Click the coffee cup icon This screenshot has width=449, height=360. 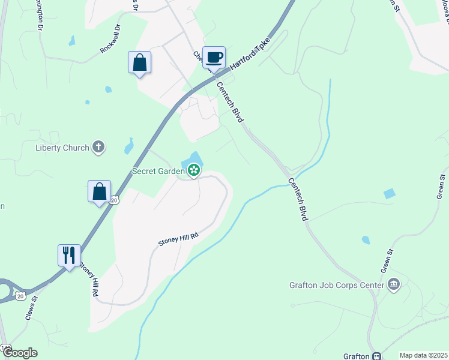(x=214, y=58)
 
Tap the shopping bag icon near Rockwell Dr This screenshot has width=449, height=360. (x=139, y=62)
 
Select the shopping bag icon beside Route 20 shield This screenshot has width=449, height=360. (x=100, y=192)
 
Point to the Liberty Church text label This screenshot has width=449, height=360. (x=62, y=148)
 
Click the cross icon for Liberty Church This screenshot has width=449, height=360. (x=98, y=147)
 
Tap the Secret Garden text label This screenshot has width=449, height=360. (x=158, y=171)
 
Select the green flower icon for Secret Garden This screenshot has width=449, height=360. (x=194, y=171)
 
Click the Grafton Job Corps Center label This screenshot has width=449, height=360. (x=336, y=284)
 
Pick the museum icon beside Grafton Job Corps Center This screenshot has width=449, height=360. (x=394, y=284)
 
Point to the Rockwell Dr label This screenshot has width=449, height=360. (x=110, y=40)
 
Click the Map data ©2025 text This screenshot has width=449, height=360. (x=423, y=355)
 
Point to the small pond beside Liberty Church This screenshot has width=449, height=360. (x=129, y=146)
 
